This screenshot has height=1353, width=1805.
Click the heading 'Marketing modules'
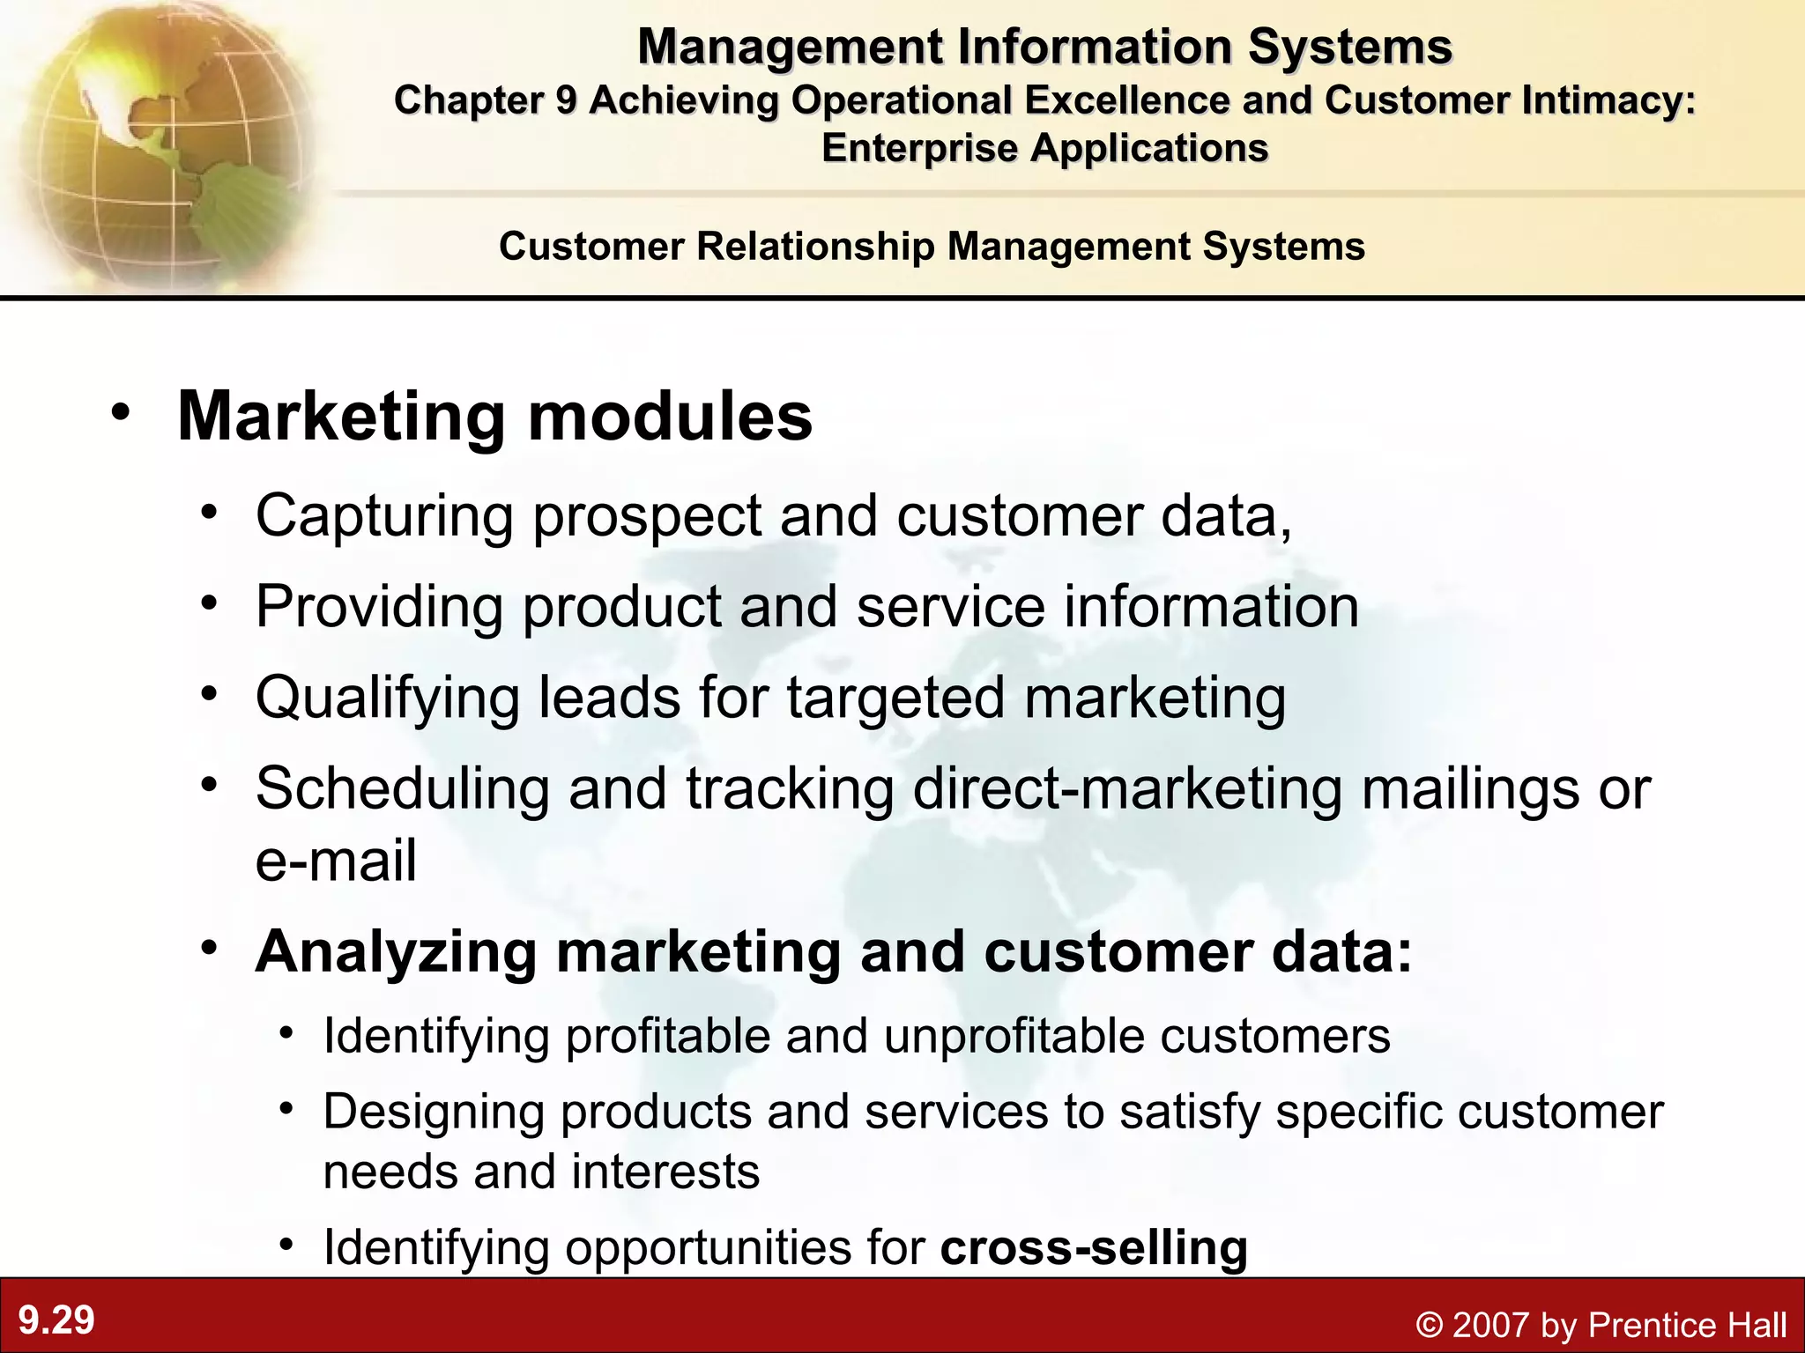494,416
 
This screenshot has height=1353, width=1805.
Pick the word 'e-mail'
336,861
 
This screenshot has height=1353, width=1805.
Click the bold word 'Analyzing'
396,953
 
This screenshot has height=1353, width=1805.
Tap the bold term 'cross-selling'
1094,1247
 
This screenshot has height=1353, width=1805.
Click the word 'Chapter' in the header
466,100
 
